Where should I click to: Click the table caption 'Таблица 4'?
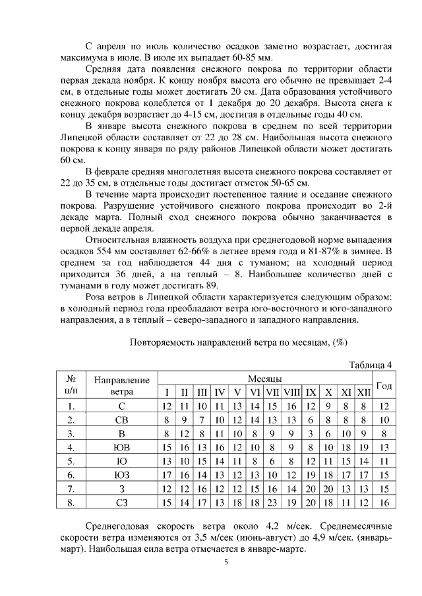[x=371, y=365]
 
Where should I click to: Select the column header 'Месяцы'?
[x=265, y=379]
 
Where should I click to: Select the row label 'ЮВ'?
[x=122, y=447]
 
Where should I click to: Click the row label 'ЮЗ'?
[x=122, y=475]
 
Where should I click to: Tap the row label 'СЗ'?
[x=122, y=502]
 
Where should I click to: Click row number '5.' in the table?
[x=70, y=461]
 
